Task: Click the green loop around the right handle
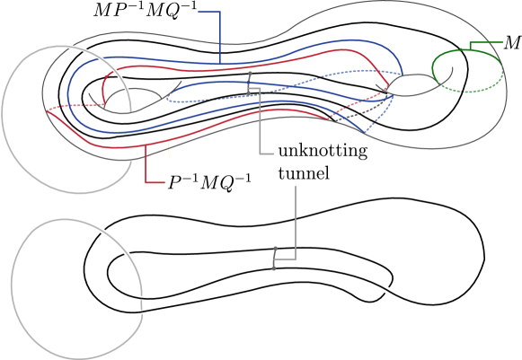[x=467, y=52]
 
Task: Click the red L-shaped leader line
[x=146, y=171]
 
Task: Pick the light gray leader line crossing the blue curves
[x=260, y=126]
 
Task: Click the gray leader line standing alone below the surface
[x=295, y=224]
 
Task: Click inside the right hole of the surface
[x=413, y=85]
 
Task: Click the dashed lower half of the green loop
[x=472, y=91]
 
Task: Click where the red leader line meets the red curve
[x=146, y=144]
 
